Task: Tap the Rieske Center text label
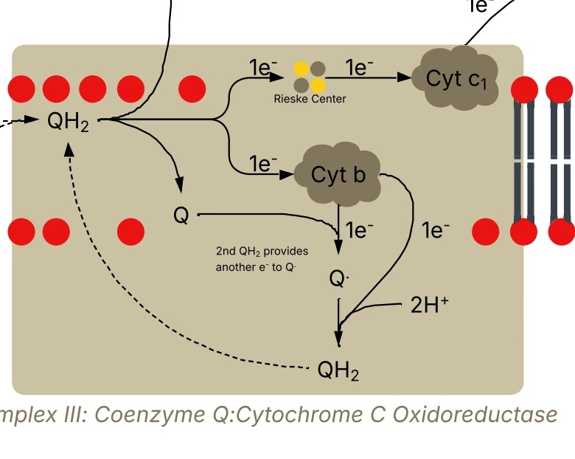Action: pos(310,99)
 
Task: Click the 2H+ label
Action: pos(429,305)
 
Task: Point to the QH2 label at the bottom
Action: pos(338,370)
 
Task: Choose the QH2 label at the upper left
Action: pos(68,121)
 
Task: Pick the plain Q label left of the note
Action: pos(181,215)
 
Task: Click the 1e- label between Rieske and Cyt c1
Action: pos(359,69)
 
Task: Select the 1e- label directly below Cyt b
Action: pos(359,231)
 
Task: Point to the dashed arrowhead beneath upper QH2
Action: pos(69,149)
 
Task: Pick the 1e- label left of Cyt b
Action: pos(263,163)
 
